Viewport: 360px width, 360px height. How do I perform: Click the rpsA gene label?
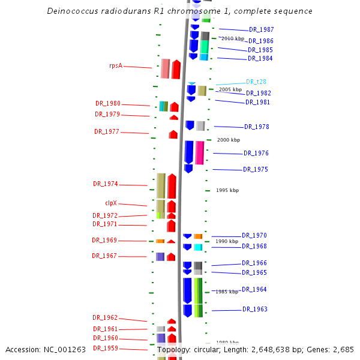[116, 66]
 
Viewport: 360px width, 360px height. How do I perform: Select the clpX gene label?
[111, 203]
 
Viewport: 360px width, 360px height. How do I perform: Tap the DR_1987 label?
[262, 29]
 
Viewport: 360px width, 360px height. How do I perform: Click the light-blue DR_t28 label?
[256, 82]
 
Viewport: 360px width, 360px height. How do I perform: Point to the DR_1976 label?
[256, 154]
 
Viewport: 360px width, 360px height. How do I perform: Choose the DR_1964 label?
[254, 289]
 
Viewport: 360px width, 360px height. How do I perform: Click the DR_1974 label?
[106, 184]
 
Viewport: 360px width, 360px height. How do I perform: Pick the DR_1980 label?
[108, 103]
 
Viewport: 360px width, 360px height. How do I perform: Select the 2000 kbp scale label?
[229, 140]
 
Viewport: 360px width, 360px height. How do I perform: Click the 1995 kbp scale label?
[227, 190]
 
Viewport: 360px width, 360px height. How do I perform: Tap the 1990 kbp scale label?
[227, 241]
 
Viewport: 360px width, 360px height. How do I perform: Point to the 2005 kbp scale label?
[230, 89]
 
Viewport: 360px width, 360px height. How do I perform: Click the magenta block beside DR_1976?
[200, 152]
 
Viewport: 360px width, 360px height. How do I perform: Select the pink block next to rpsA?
[165, 68]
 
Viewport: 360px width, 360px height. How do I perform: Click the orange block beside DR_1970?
[198, 236]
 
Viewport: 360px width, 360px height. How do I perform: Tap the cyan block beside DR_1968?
[198, 247]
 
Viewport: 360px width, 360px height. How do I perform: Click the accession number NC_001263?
[63, 349]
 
